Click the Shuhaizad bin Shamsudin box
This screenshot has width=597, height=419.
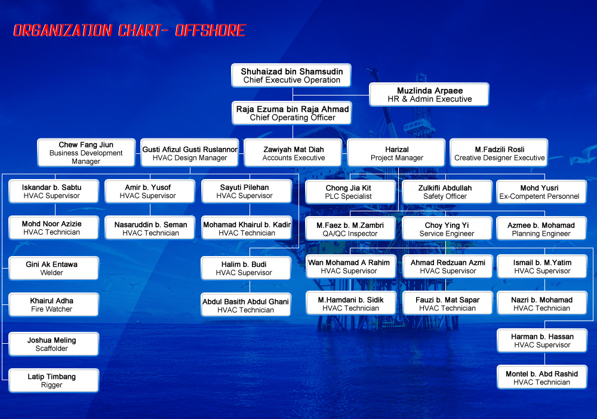point(291,75)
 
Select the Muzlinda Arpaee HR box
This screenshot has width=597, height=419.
point(429,94)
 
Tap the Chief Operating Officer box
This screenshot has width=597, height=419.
point(292,113)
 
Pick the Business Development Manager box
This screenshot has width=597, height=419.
point(86,153)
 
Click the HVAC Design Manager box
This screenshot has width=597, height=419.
point(190,153)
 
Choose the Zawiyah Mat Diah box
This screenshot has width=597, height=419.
point(293,153)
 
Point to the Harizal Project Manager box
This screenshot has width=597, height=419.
point(396,153)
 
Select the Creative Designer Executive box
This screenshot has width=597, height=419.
point(499,153)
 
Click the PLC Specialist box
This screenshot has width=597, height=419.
point(350,192)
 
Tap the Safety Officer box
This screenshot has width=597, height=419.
point(447,192)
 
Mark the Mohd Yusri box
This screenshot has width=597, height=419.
point(541,192)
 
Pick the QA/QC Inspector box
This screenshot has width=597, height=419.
point(350,229)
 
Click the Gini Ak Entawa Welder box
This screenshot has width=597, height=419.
point(54,268)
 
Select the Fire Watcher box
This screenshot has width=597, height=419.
point(54,304)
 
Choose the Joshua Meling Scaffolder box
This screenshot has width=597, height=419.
point(54,344)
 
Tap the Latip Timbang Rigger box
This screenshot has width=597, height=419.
point(54,380)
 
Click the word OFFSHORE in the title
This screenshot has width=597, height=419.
point(211,30)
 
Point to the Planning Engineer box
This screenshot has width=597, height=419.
point(541,229)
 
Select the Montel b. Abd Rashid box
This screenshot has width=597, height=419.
point(542,377)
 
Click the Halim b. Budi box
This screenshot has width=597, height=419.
point(246,268)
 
